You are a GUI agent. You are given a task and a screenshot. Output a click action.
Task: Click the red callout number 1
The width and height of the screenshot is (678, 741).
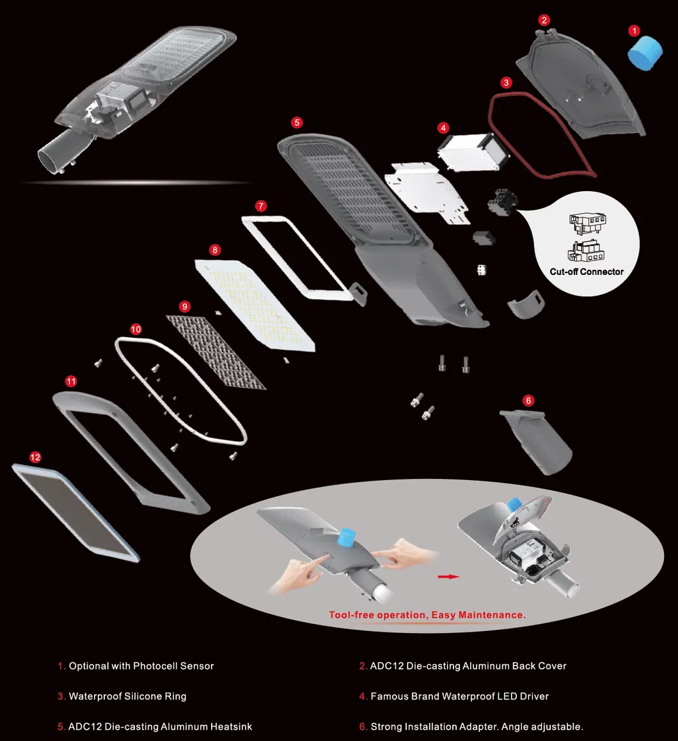click(x=634, y=31)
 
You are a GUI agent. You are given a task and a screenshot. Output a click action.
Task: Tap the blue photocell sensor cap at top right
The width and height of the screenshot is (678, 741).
click(x=645, y=54)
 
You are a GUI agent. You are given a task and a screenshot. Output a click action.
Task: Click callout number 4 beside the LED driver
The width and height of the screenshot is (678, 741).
click(x=443, y=128)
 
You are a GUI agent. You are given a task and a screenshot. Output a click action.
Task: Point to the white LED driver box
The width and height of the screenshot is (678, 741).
click(x=473, y=152)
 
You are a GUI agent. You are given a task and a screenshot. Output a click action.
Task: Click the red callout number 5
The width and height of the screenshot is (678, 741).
click(x=297, y=122)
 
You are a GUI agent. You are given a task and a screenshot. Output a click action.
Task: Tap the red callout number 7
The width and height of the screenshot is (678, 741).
click(x=260, y=206)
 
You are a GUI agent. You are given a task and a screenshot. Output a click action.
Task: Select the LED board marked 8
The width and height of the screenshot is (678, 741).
click(x=255, y=305)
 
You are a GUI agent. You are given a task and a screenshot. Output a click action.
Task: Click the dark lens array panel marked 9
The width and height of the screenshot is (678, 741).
click(x=216, y=352)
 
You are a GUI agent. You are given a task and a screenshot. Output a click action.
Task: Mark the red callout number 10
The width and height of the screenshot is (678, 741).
click(x=136, y=329)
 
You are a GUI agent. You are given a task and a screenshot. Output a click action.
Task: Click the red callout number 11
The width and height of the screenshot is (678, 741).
click(x=71, y=382)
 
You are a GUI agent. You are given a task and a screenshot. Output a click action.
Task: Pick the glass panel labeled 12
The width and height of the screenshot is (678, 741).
click(x=75, y=513)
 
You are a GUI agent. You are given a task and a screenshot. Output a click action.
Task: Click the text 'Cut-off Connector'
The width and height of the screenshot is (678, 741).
click(x=587, y=272)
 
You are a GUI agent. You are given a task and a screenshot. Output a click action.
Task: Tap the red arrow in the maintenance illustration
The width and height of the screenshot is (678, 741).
click(x=448, y=577)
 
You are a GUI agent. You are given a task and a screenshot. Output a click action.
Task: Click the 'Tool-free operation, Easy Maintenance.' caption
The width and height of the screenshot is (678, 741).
click(x=427, y=615)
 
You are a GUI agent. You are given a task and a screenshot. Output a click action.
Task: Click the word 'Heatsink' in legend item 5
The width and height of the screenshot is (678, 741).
click(x=231, y=726)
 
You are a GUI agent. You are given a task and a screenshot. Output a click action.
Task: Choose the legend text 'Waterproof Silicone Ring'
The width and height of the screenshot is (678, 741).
click(x=128, y=696)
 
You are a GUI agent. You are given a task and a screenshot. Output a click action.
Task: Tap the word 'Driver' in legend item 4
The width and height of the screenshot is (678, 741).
click(x=534, y=696)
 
